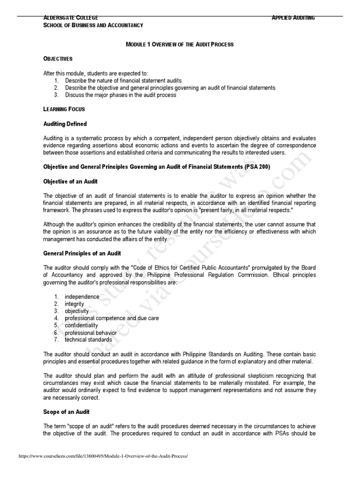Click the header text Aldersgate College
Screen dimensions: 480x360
[71, 18]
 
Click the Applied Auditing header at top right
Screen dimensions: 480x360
[293, 18]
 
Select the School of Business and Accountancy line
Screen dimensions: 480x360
[93, 25]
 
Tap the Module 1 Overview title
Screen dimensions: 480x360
[180, 44]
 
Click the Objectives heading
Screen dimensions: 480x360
[58, 59]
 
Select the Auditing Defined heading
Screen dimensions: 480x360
[65, 124]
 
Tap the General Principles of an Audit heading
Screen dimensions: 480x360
[82, 253]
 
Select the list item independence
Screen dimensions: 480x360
[82, 297]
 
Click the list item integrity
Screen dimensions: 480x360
[75, 304]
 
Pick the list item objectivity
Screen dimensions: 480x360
[76, 311]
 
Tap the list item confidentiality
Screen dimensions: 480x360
[81, 325]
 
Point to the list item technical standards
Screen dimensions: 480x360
[88, 339]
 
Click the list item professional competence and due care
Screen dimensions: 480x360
[112, 318]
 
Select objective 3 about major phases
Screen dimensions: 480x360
[120, 95]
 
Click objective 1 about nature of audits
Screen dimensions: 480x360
[123, 81]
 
